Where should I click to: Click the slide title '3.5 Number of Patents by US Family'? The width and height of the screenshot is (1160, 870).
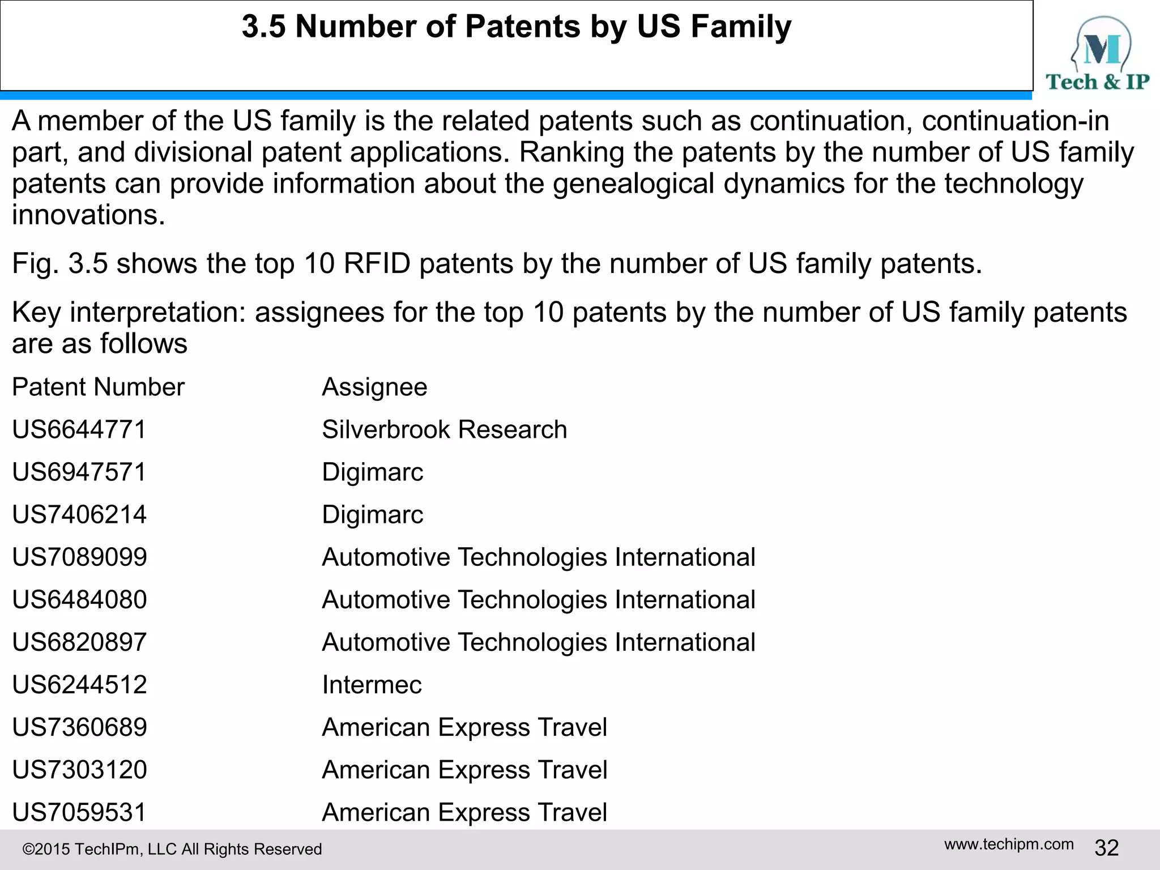coord(516,27)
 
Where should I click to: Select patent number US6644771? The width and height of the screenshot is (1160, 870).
coord(79,429)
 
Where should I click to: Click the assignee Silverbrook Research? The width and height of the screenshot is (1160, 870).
coord(444,429)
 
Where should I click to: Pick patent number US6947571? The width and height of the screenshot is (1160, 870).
coord(79,472)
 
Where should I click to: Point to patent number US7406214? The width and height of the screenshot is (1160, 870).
coord(79,514)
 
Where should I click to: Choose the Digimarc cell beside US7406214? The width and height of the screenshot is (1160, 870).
coord(372,514)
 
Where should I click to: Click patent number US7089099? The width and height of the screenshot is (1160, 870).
coord(79,557)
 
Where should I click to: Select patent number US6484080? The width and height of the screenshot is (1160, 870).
coord(79,599)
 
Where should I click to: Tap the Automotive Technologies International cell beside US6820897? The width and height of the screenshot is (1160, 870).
coord(538,642)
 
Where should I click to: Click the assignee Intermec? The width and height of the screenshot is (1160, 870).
coord(372,685)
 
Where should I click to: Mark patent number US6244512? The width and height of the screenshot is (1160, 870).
coord(79,685)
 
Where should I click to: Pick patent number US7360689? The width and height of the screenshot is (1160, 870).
coord(79,727)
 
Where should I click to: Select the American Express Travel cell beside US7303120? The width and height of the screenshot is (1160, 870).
coord(464,770)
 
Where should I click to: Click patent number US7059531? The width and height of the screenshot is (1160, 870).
coord(79,812)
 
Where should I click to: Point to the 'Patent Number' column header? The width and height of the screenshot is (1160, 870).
coord(98,387)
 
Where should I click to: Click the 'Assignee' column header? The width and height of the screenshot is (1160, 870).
coord(374,387)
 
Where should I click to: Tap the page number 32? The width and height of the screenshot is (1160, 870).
coord(1106,848)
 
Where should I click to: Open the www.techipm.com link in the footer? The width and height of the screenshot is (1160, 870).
coord(1009,845)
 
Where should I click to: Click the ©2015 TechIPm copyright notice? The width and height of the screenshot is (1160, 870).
coord(172,849)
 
